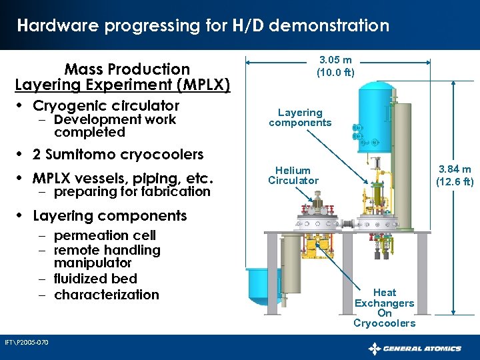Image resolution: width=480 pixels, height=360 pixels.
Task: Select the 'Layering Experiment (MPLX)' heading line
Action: pyautogui.click(x=123, y=85)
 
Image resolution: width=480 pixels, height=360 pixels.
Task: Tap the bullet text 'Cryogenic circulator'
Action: pyautogui.click(x=106, y=105)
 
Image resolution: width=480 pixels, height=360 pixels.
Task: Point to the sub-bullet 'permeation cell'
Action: pyautogui.click(x=105, y=235)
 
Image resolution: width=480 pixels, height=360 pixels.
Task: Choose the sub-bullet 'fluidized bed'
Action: pyautogui.click(x=95, y=279)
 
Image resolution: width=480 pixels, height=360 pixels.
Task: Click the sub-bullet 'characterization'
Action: pyautogui.click(x=107, y=295)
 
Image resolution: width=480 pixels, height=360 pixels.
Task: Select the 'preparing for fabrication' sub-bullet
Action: pyautogui.click(x=132, y=191)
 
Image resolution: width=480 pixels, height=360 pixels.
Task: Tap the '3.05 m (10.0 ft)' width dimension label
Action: pyautogui.click(x=336, y=66)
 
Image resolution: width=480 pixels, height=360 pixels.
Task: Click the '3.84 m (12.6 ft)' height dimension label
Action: pyautogui.click(x=454, y=175)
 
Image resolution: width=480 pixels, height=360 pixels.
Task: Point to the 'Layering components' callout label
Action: pyautogui.click(x=300, y=117)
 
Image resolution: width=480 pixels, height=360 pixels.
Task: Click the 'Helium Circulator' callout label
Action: pyautogui.click(x=293, y=175)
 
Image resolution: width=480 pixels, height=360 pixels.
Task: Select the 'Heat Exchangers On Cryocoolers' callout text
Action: pyautogui.click(x=384, y=307)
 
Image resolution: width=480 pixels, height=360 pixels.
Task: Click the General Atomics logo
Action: pyautogui.click(x=415, y=348)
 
